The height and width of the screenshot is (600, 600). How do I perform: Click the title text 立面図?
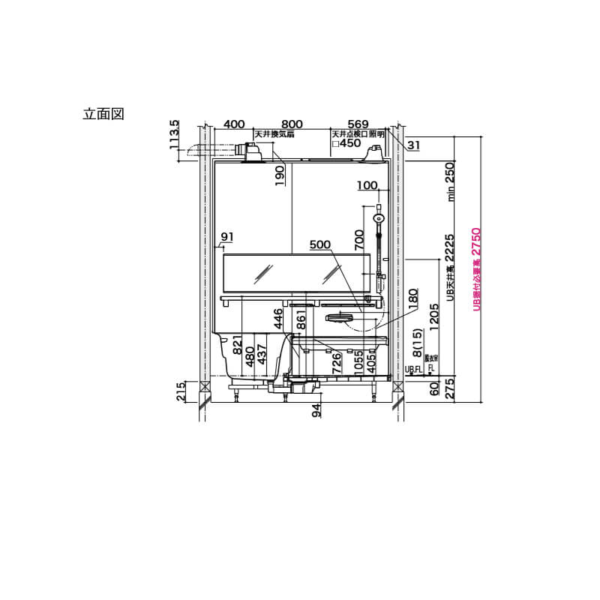[x=103, y=114]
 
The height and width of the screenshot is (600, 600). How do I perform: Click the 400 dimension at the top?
[x=235, y=124]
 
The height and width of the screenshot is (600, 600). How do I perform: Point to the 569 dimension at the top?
[x=358, y=124]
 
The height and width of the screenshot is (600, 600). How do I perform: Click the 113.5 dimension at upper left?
[x=175, y=135]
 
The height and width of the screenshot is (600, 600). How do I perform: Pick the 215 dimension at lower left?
[x=181, y=392]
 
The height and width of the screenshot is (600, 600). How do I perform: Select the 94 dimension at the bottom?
[x=317, y=409]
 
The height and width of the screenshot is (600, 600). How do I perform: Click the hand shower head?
[x=379, y=218]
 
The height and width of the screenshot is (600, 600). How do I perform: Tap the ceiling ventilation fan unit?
[x=250, y=151]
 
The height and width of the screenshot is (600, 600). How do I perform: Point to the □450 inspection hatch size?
[x=346, y=143]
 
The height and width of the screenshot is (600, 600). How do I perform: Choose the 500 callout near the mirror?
[x=320, y=244]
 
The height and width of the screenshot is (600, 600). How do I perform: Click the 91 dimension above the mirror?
[x=227, y=238]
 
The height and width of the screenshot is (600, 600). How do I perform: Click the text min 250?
[x=451, y=182]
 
